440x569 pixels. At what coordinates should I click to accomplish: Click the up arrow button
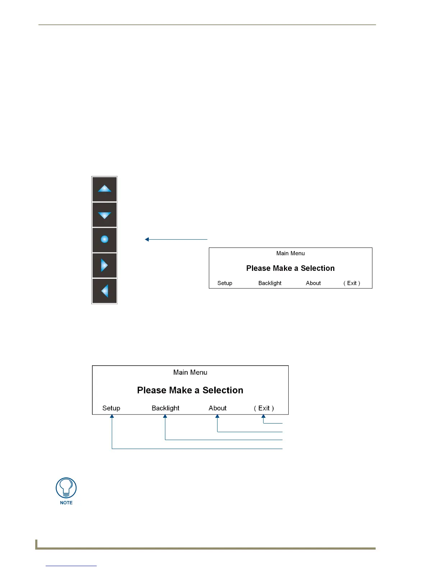105,189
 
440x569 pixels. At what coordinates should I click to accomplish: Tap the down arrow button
105,215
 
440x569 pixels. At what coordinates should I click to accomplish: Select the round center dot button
105,240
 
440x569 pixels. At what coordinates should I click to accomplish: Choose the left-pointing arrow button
105,291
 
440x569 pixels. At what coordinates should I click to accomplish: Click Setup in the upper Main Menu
225,283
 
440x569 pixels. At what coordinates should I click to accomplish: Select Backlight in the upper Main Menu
270,283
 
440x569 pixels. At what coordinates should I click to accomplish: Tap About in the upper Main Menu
313,283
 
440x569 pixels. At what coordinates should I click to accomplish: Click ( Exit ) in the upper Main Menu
352,283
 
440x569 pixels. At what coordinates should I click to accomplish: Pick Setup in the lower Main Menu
111,408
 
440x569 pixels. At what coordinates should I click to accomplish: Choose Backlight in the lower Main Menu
165,408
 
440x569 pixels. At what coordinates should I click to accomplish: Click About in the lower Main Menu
217,408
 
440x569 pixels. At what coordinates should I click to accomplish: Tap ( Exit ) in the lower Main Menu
264,408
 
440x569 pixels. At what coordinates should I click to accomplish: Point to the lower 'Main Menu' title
190,373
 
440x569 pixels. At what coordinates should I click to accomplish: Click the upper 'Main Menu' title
290,253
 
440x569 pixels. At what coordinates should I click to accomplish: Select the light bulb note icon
66,488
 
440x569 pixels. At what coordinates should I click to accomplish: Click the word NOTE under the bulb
66,503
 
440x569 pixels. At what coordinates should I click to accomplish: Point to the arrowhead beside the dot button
147,239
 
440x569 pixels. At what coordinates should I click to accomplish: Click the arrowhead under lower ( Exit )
263,417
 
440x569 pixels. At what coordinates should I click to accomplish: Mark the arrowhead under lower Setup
112,417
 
